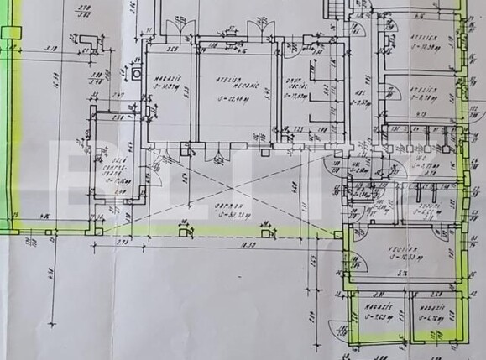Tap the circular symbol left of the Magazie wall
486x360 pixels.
point(136,73)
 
